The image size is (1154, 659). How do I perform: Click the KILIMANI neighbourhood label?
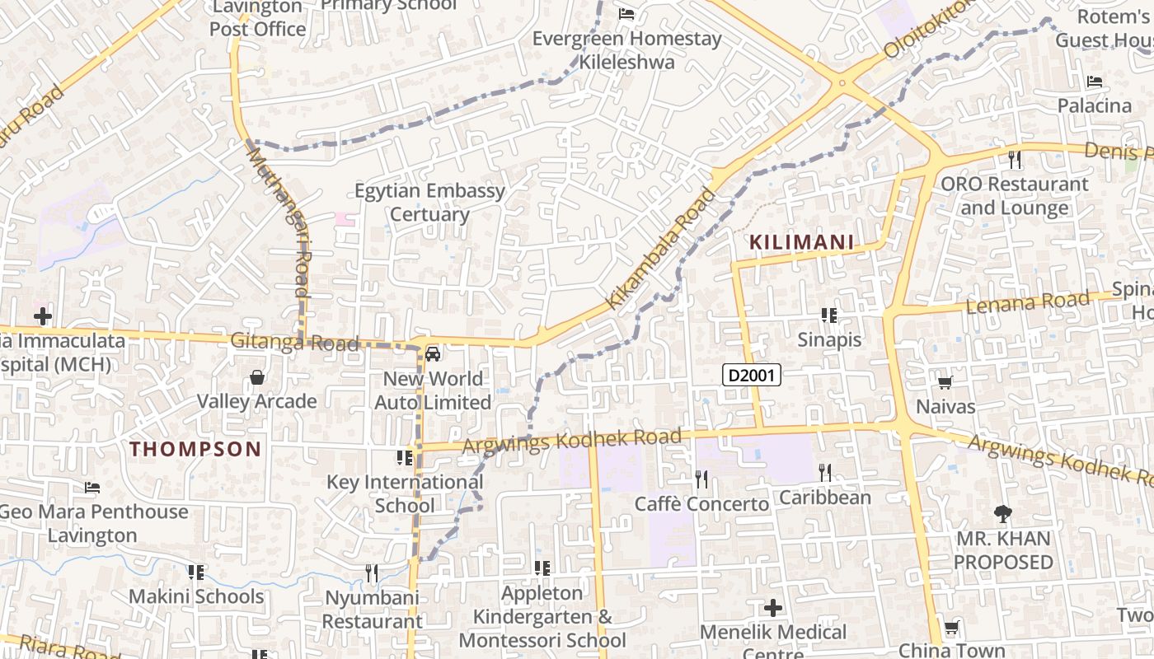(801, 243)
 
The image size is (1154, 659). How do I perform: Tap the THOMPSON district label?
(195, 449)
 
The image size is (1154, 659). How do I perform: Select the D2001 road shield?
(751, 376)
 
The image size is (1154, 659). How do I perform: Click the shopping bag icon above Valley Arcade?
(257, 378)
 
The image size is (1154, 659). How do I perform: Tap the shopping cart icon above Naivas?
(945, 383)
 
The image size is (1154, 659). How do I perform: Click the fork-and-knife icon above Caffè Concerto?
(701, 479)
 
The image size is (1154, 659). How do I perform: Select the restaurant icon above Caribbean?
(824, 473)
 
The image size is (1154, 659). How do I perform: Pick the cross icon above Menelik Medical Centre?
(773, 609)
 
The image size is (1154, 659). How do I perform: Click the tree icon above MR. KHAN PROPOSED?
(1003, 515)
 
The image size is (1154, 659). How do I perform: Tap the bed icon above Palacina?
(1095, 82)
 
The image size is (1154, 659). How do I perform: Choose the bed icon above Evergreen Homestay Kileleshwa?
(626, 14)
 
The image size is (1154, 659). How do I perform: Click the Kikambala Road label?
(661, 249)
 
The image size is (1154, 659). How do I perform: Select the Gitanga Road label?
(294, 342)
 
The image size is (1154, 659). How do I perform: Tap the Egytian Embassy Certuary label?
(429, 203)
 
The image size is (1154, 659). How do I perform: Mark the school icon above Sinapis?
(829, 315)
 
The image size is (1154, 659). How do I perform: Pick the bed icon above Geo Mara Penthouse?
(92, 488)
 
